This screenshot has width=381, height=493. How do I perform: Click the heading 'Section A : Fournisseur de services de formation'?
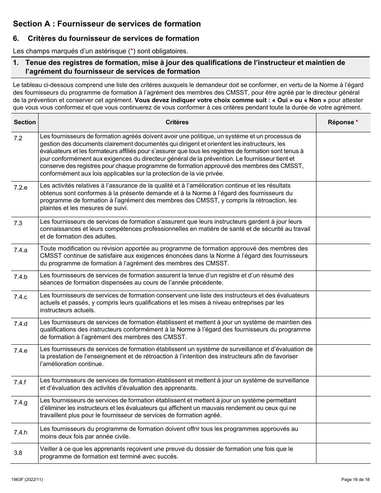pyautogui.click(x=107, y=24)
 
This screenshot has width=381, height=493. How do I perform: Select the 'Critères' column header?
pyautogui.click(x=177, y=122)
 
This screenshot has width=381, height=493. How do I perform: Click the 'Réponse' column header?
pyautogui.click(x=341, y=122)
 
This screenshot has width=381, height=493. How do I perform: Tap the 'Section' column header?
pyautogui.click(x=25, y=122)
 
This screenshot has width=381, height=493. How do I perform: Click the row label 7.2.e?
pyautogui.click(x=20, y=188)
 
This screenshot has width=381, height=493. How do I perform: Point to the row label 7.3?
pyautogui.click(x=18, y=223)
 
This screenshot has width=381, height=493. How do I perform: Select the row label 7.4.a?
pyautogui.click(x=20, y=250)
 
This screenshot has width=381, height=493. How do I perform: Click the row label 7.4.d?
pyautogui.click(x=20, y=324)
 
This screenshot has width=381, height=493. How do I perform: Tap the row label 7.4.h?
pyautogui.click(x=20, y=432)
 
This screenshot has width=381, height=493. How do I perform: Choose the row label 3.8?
pyautogui.click(x=18, y=453)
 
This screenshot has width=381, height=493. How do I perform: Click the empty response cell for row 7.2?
pyautogui.click(x=343, y=156)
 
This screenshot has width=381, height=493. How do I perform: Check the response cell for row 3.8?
pyautogui.click(x=343, y=453)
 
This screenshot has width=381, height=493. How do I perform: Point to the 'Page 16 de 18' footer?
pyautogui.click(x=353, y=479)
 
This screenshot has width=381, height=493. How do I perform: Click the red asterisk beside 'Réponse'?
pyautogui.click(x=357, y=122)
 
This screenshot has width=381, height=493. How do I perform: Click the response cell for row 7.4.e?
pyautogui.click(x=343, y=360)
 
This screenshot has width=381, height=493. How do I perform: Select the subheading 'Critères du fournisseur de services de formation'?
pyautogui.click(x=113, y=38)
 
